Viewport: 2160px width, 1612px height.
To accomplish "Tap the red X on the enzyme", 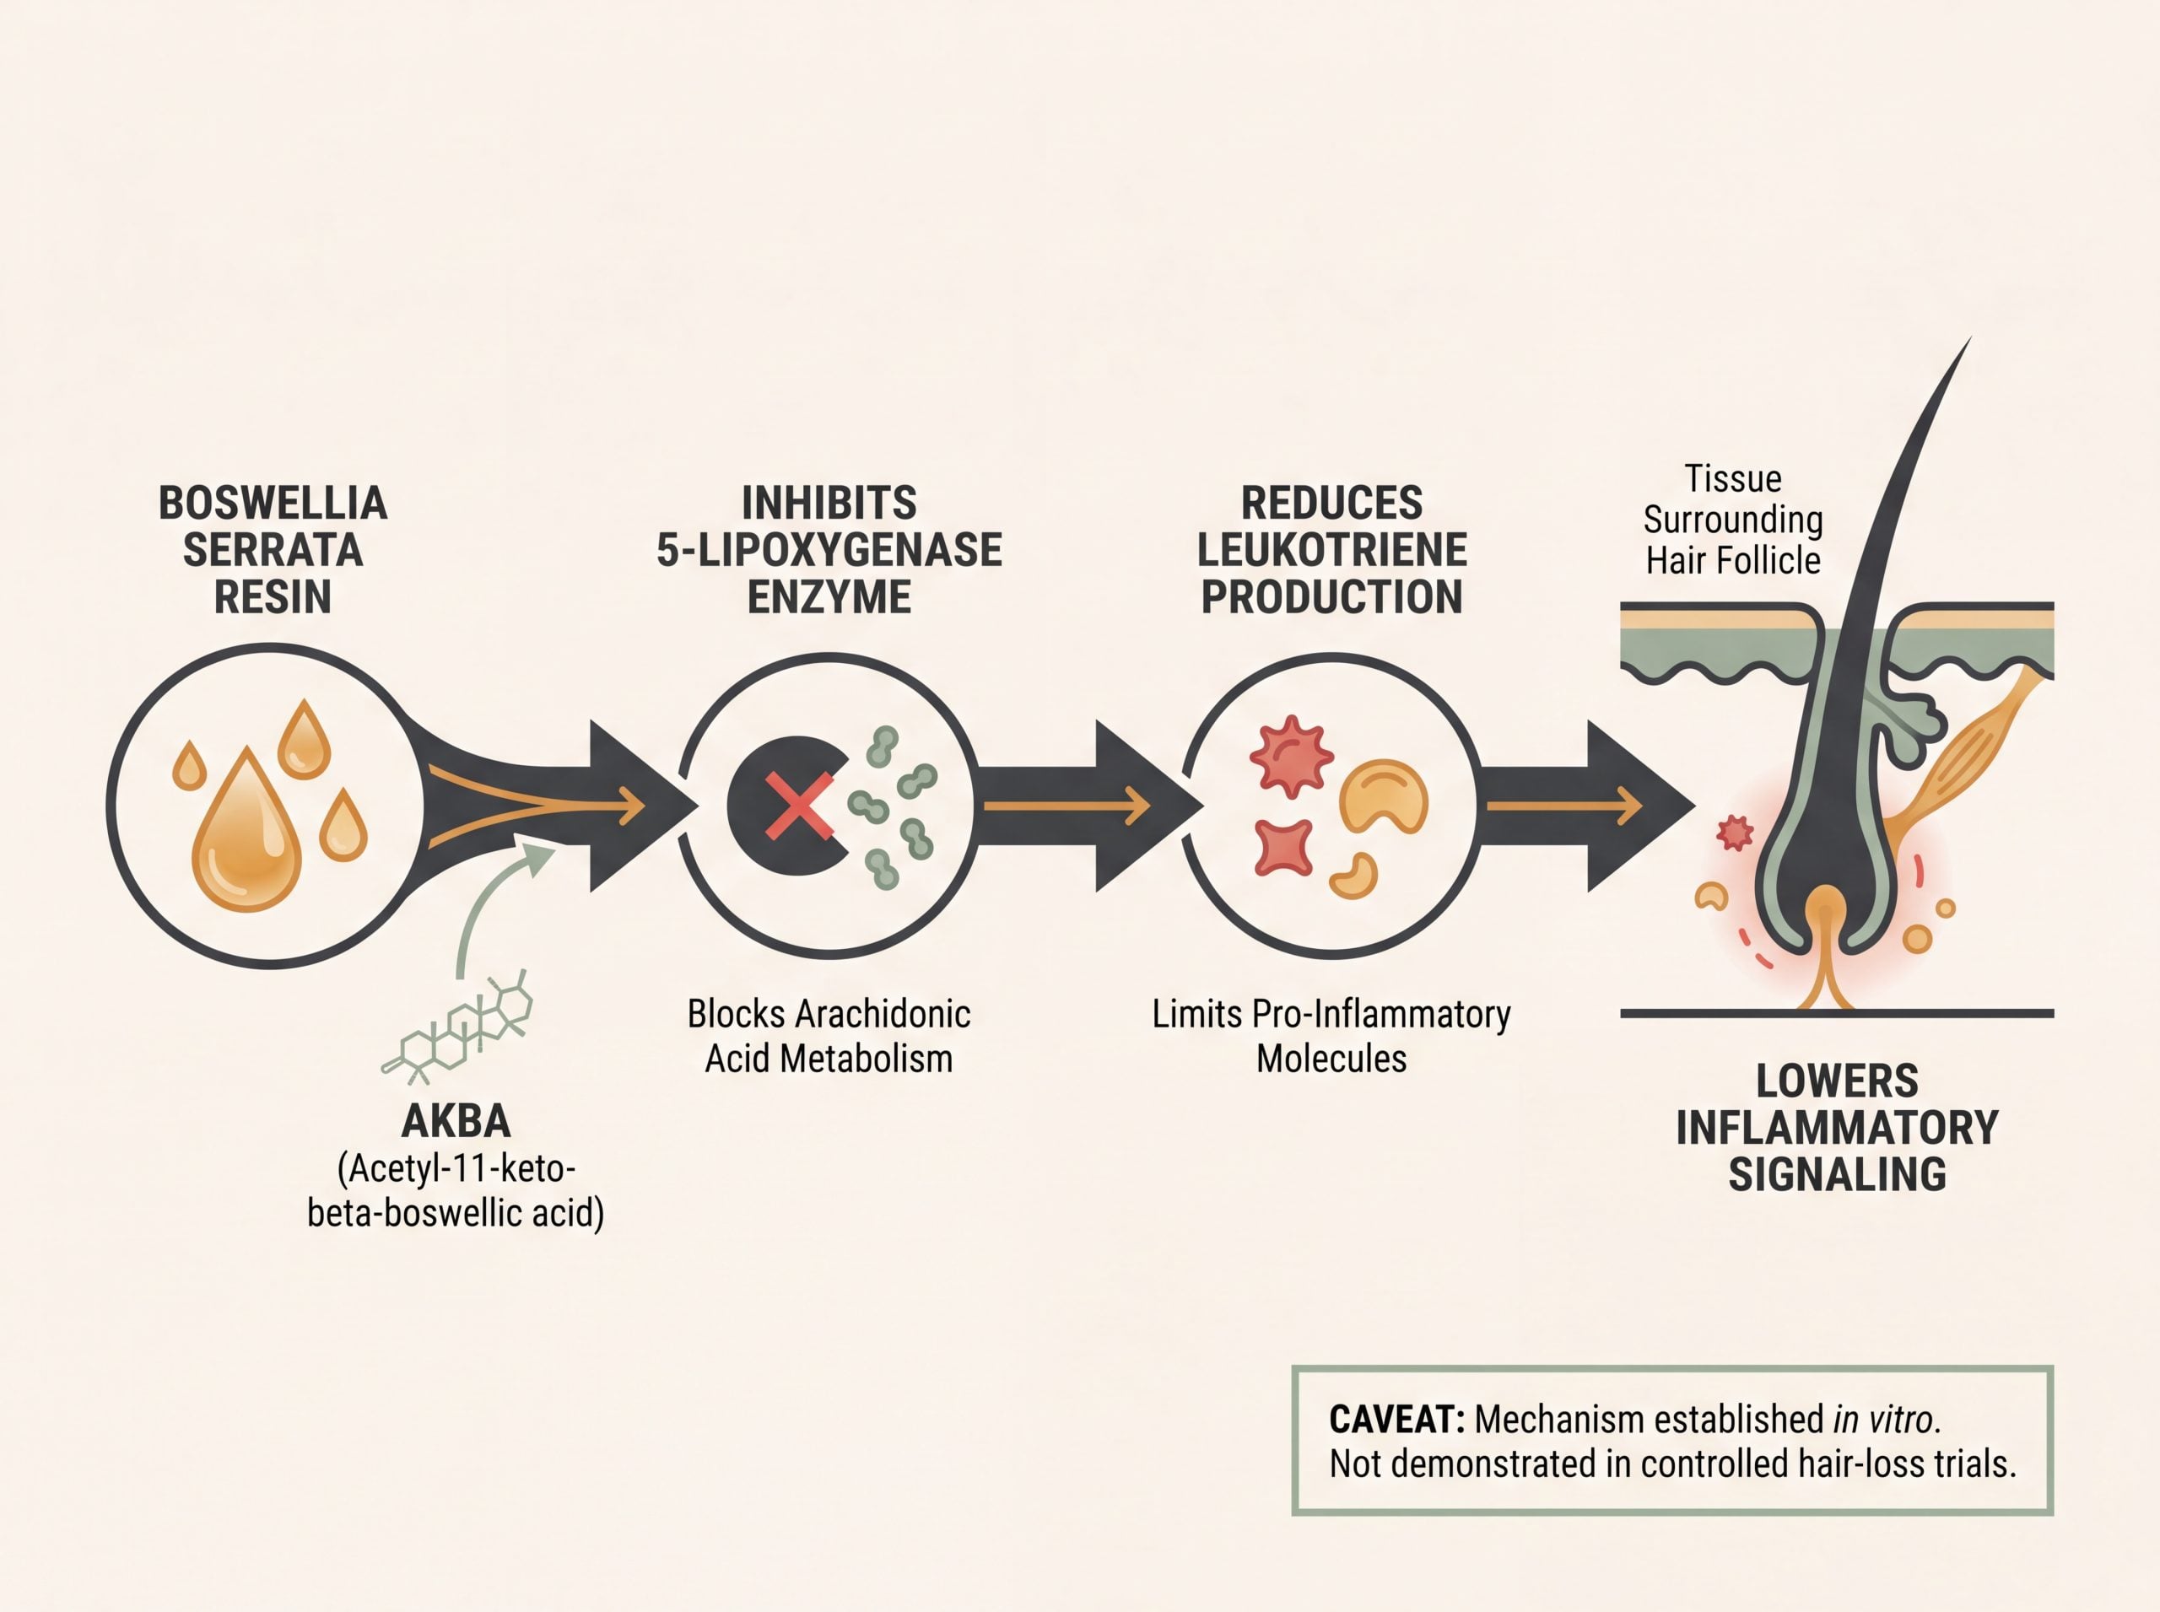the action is point(799,805).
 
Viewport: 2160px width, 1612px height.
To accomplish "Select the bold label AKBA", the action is point(456,1122).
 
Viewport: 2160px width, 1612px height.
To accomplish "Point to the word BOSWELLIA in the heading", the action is point(273,504).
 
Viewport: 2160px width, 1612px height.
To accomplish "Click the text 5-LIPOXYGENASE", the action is point(829,550).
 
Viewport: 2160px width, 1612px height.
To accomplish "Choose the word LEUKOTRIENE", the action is point(1331,550).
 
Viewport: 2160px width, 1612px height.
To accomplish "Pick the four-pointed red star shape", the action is point(1284,847).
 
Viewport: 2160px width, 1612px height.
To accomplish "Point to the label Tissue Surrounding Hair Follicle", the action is point(1732,520).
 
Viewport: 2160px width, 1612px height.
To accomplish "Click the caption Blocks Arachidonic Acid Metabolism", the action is point(829,1036).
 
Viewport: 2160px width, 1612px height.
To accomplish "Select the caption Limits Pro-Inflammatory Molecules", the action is point(1331,1036).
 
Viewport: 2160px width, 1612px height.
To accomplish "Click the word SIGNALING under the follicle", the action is point(1837,1174).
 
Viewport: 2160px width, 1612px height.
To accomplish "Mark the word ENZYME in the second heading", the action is point(829,597).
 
